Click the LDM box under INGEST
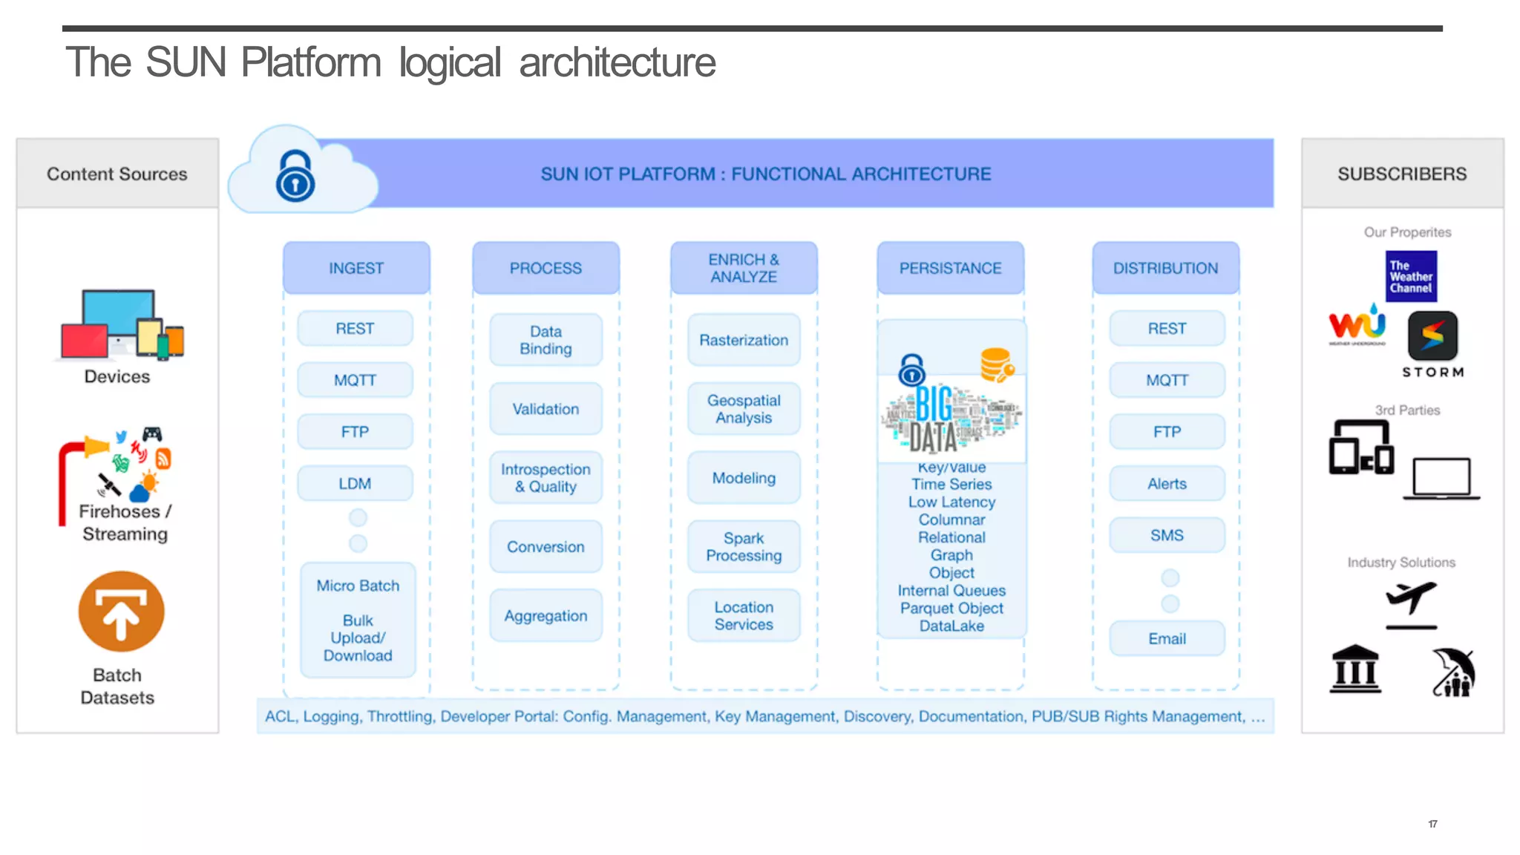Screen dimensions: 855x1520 click(355, 483)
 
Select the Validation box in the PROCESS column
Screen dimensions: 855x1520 click(546, 409)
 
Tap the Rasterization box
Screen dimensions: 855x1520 click(744, 340)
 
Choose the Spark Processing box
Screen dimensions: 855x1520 click(744, 547)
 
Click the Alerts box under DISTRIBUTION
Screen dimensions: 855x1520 click(1167, 484)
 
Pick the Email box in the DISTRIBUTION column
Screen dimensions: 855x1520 click(1167, 639)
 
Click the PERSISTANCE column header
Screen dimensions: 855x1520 click(950, 268)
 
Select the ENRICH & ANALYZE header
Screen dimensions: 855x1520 click(744, 268)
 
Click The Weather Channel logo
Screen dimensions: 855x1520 click(1410, 276)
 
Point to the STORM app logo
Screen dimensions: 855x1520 click(1432, 336)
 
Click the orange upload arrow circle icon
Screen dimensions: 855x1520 click(122, 612)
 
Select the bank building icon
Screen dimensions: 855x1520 click(1355, 669)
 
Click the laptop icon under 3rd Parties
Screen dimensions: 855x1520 click(1441, 479)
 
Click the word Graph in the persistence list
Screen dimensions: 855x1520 click(951, 555)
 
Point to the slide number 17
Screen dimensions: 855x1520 click(1432, 824)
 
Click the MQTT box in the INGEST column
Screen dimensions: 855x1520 click(355, 380)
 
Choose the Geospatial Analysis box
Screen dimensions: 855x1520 click(744, 409)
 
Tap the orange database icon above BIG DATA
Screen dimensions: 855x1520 click(996, 364)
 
